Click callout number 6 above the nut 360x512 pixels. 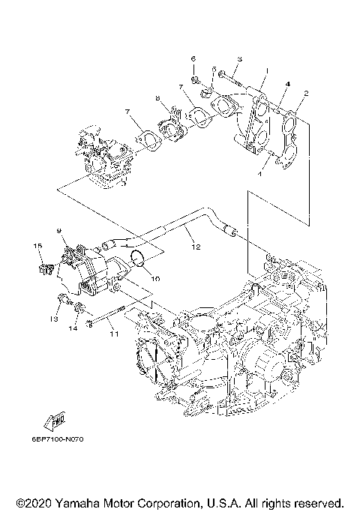193,58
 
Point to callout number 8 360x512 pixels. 157,98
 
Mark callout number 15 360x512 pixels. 35,246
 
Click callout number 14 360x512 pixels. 73,328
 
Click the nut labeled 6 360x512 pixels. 194,76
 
